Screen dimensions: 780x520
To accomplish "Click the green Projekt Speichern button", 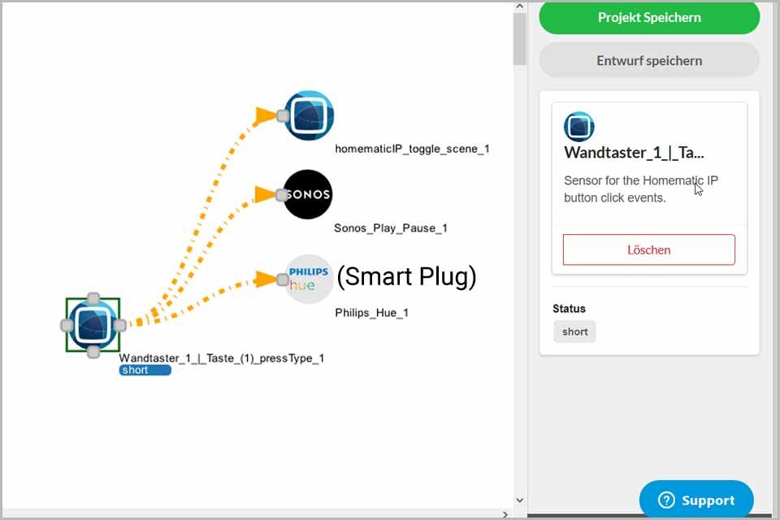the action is point(649,17).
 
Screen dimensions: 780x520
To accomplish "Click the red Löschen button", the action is point(648,249).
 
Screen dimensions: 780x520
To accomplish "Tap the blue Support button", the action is point(696,500).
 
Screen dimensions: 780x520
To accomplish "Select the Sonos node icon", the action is point(308,194).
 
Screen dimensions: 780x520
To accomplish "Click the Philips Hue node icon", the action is point(309,279).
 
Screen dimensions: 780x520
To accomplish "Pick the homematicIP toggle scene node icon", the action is point(309,115).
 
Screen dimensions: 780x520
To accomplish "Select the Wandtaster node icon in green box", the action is point(93,325).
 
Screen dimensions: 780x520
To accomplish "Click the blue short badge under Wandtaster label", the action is point(145,370).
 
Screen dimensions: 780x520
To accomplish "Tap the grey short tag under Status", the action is point(574,331).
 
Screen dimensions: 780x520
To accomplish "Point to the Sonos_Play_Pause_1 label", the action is point(391,227).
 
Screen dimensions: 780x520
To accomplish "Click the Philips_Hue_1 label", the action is point(371,313).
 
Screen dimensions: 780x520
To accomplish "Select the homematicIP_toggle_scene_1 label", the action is point(412,149).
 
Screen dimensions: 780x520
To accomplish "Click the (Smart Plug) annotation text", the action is point(406,277).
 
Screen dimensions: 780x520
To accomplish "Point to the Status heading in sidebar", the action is point(569,309).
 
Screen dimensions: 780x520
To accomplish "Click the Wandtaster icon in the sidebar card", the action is point(579,127).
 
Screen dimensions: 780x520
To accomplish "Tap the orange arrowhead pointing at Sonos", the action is point(265,194).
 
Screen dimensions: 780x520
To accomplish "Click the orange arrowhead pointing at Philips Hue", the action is point(265,279).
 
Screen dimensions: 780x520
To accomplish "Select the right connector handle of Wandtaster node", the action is point(120,326).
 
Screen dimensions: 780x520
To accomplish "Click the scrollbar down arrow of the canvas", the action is point(520,500).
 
